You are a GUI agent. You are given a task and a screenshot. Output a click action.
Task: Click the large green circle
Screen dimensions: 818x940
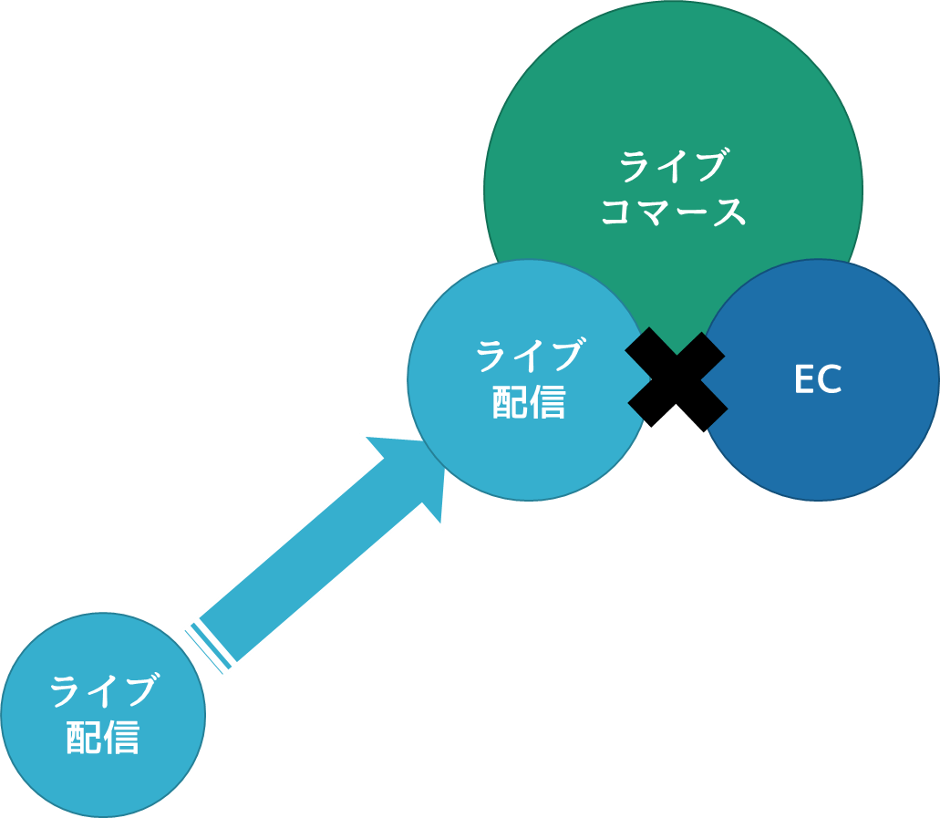click(673, 100)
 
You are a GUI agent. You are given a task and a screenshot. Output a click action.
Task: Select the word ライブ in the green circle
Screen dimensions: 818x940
click(673, 168)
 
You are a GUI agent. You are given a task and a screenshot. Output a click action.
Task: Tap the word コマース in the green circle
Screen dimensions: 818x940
click(673, 212)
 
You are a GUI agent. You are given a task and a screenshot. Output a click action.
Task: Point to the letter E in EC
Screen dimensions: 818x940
click(803, 380)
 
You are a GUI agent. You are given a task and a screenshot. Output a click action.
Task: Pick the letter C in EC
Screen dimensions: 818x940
click(830, 380)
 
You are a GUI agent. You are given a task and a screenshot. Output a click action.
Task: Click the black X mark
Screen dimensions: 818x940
click(677, 379)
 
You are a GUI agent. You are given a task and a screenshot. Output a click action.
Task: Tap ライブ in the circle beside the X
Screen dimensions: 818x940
click(529, 357)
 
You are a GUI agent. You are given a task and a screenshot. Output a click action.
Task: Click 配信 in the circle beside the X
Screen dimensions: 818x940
click(529, 402)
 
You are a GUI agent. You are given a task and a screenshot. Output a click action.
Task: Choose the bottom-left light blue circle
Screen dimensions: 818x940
click(102, 775)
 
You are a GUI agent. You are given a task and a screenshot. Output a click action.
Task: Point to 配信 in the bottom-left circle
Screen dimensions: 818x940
click(103, 738)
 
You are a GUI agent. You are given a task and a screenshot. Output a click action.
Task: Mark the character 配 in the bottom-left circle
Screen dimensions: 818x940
click(84, 738)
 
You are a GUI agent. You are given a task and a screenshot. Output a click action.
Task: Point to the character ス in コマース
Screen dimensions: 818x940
click(728, 212)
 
